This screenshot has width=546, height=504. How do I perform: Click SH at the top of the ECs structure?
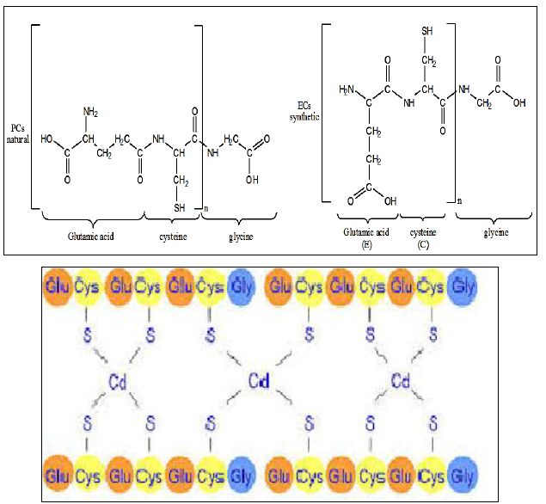pyautogui.click(x=428, y=33)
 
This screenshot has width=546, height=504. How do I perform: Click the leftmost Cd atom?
pyautogui.click(x=119, y=379)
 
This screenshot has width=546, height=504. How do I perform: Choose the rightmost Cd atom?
pyautogui.click(x=400, y=379)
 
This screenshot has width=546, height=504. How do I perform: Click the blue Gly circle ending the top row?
pyautogui.click(x=463, y=286)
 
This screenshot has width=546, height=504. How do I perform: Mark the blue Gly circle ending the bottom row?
pyautogui.click(x=463, y=472)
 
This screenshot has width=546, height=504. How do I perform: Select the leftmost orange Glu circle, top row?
pyautogui.click(x=60, y=286)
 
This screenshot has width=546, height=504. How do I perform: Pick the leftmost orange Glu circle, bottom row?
pyautogui.click(x=60, y=472)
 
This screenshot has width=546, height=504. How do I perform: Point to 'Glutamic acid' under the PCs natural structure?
pyautogui.click(x=92, y=234)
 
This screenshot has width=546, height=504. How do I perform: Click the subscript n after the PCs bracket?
pyautogui.click(x=206, y=207)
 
